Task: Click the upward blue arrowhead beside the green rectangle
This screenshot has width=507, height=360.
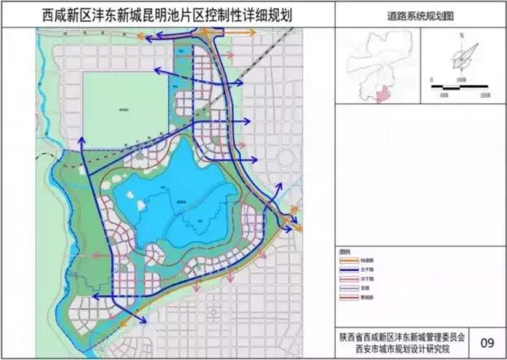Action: pyautogui.click(x=82, y=142)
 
